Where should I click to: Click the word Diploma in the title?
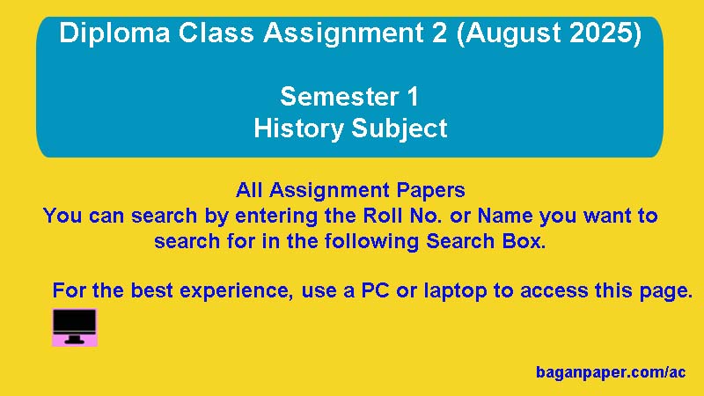point(114,34)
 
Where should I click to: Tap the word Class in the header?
point(216,33)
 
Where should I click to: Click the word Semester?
point(340,97)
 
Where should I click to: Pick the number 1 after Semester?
point(413,97)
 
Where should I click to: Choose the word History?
point(298,129)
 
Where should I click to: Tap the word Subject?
point(400,129)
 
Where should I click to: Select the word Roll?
point(377,216)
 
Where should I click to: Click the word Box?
point(524,241)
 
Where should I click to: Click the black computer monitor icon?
point(75,326)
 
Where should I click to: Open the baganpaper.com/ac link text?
point(611,372)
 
